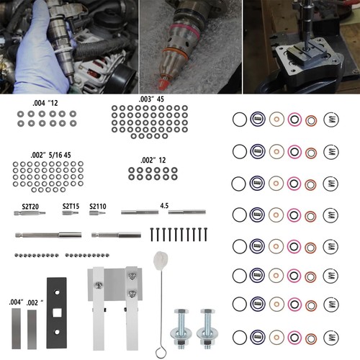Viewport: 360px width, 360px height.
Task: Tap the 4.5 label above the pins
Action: pos(164,204)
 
